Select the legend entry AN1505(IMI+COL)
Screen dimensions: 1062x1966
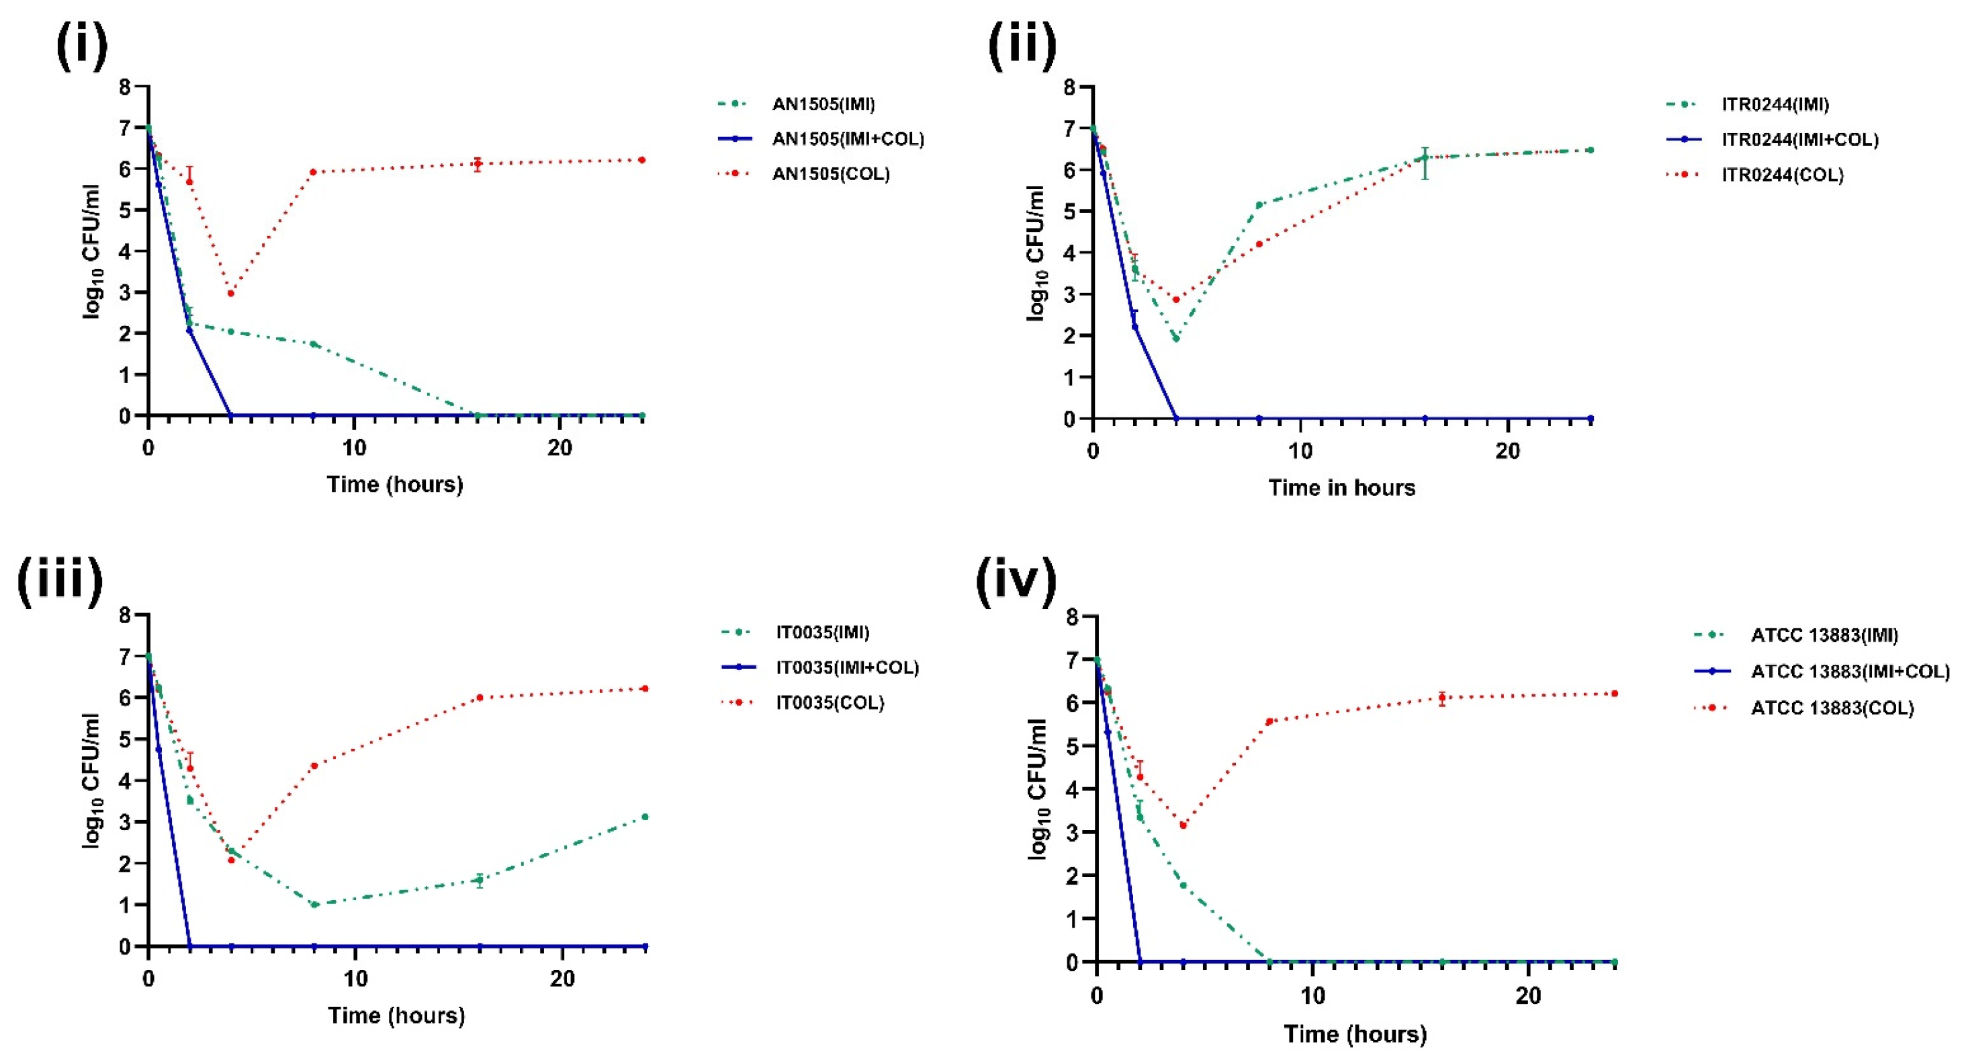click(x=848, y=139)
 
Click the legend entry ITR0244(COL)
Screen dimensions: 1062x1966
click(x=1782, y=175)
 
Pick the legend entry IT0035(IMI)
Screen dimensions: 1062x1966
click(x=823, y=632)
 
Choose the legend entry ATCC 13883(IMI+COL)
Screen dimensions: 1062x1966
click(x=1850, y=672)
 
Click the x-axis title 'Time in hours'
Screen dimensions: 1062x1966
click(x=1341, y=488)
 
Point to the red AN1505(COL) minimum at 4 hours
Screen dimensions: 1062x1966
click(x=230, y=293)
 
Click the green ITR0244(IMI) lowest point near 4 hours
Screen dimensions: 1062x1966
click(x=1176, y=338)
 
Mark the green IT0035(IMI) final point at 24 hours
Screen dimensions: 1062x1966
click(x=645, y=817)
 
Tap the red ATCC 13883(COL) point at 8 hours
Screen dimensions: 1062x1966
click(x=1269, y=721)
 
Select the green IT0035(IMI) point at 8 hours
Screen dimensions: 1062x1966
click(x=314, y=905)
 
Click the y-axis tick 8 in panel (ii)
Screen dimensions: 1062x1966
click(x=1069, y=87)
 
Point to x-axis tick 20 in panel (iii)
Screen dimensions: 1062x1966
click(x=562, y=979)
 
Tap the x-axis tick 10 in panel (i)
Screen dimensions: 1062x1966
click(x=354, y=448)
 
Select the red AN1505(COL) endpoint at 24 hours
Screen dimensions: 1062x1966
click(x=642, y=161)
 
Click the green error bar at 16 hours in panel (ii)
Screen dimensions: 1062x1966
click(x=1424, y=163)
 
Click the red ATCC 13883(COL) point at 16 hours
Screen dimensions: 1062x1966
click(x=1441, y=698)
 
